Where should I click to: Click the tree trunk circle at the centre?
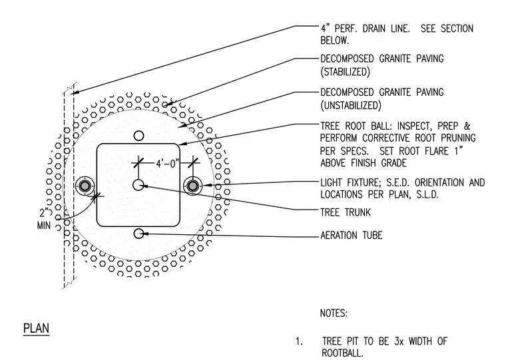138,185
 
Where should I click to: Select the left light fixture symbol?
85,186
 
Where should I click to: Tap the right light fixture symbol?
192,186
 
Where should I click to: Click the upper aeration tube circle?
138,136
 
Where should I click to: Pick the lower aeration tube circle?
138,234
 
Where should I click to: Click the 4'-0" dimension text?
167,164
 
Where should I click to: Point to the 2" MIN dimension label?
45,219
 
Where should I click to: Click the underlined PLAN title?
36,329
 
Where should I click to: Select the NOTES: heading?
334,313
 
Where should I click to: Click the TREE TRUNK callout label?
346,212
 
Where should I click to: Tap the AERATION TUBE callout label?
351,235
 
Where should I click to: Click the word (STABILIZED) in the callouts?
345,72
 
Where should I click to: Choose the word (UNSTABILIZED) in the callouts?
351,105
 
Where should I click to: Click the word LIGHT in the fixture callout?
331,182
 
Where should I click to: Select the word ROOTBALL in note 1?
342,353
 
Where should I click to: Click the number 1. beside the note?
299,341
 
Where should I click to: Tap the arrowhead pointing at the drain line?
75,92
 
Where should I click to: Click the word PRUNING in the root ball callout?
458,138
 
